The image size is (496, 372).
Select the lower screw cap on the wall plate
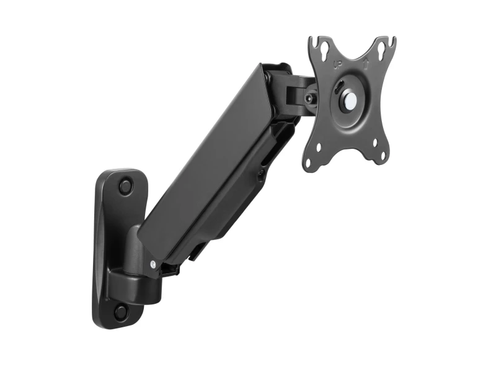[x=122, y=311]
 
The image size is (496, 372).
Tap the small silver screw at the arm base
[x=153, y=264]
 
